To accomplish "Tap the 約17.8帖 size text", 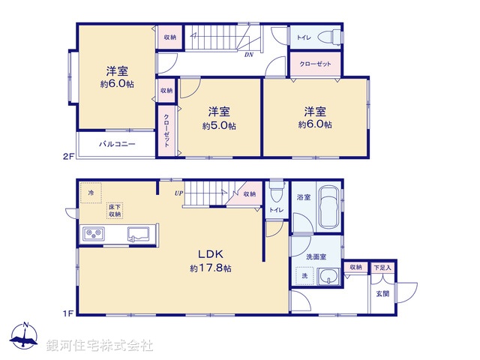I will (210, 268).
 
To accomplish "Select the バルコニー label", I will (119, 143).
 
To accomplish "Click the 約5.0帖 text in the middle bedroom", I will (219, 126).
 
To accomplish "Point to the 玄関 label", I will (382, 293).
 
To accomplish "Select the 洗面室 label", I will (316, 256).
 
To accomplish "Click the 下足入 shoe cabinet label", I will (382, 267).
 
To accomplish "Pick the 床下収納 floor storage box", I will (115, 210).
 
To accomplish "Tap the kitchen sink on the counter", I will (139, 234).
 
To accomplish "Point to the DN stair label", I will (248, 54).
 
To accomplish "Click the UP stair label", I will (178, 193).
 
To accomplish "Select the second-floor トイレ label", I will (304, 37).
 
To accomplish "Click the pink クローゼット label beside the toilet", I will (315, 64).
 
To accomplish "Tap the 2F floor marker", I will (68, 156).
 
